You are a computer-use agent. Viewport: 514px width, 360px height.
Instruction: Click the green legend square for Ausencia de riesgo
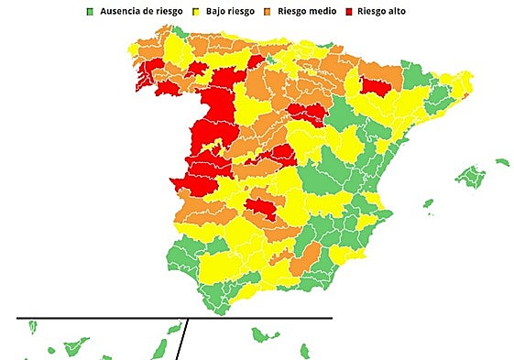coord(91,12)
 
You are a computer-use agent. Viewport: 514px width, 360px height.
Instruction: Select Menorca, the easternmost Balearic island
coord(502,163)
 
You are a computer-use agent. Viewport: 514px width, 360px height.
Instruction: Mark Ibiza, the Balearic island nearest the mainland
coord(428,204)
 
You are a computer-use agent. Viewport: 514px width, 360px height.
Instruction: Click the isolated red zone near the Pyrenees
coord(375,86)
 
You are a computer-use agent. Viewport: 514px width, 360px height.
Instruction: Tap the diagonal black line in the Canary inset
coord(182,340)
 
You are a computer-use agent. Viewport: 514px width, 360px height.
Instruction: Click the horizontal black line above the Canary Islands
coord(174,318)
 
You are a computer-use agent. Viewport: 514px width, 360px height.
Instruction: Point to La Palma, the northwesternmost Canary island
coord(32,326)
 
